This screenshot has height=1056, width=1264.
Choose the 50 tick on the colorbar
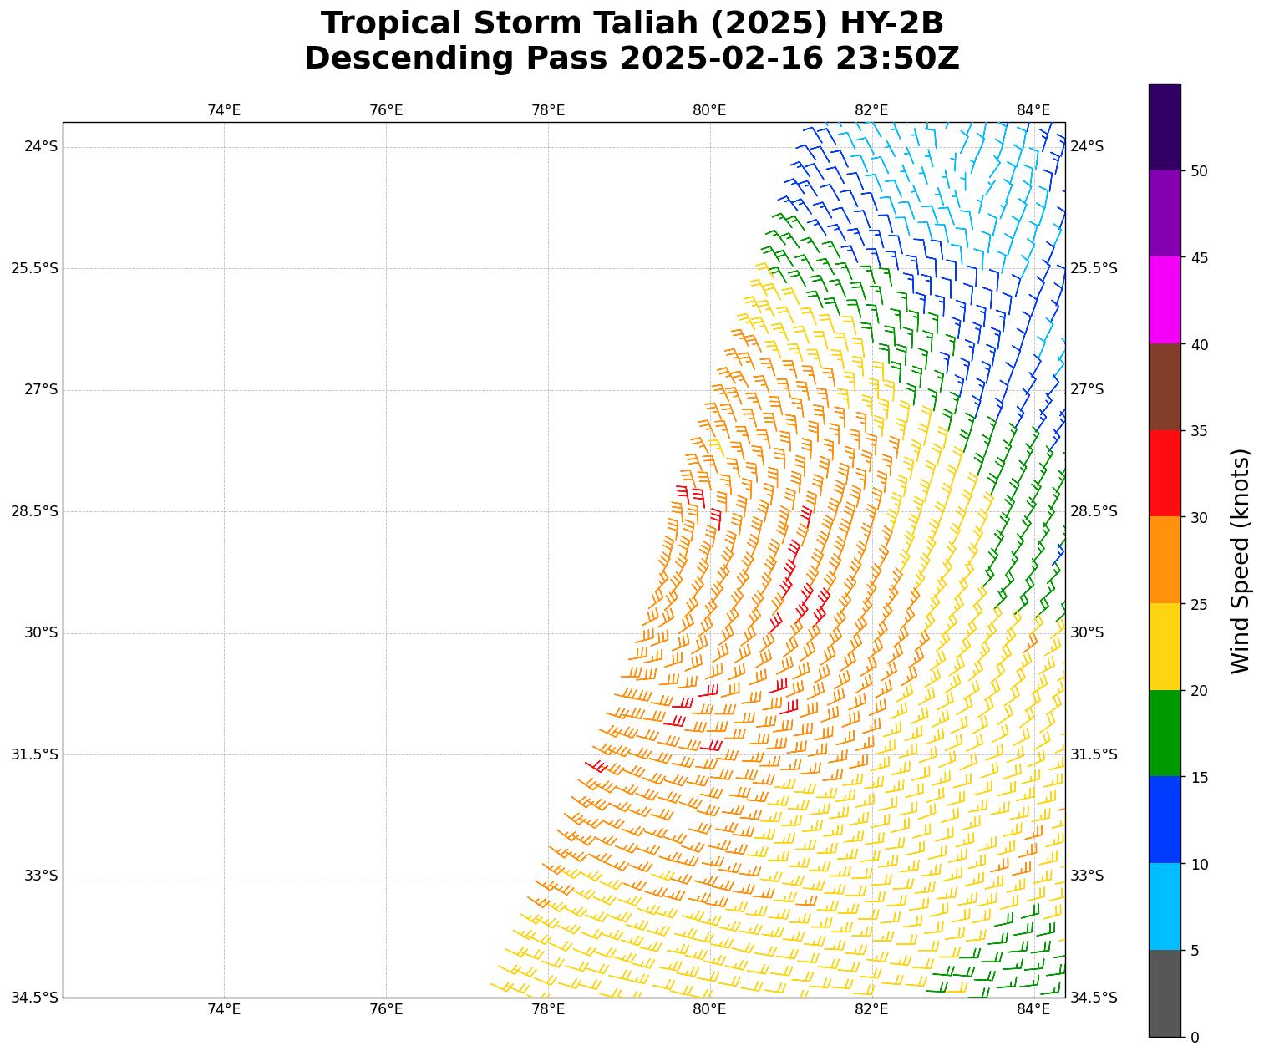click(1199, 171)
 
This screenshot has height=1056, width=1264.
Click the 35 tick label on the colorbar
click(1199, 431)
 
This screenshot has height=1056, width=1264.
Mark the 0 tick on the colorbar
click(1195, 1038)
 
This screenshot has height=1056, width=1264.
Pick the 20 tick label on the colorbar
click(1199, 691)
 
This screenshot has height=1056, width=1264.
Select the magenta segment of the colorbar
click(1165, 300)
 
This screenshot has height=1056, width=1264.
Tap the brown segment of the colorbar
click(1165, 387)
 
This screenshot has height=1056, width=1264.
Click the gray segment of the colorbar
click(1165, 993)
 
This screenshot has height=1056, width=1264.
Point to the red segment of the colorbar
click(1165, 474)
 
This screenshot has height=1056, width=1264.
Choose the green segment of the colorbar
click(1165, 734)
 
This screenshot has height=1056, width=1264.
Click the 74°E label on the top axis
click(224, 111)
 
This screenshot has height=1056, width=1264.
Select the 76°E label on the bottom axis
click(386, 1010)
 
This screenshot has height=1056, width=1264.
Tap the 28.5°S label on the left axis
click(34, 511)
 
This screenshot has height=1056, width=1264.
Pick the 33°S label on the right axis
click(1087, 876)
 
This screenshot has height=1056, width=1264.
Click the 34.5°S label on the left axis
click(34, 998)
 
